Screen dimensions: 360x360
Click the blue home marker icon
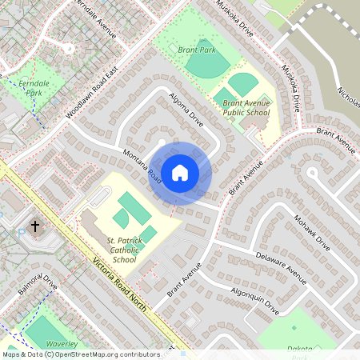tap(180, 172)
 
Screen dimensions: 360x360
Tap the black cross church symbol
tap(34, 227)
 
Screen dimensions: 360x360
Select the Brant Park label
tap(197, 50)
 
